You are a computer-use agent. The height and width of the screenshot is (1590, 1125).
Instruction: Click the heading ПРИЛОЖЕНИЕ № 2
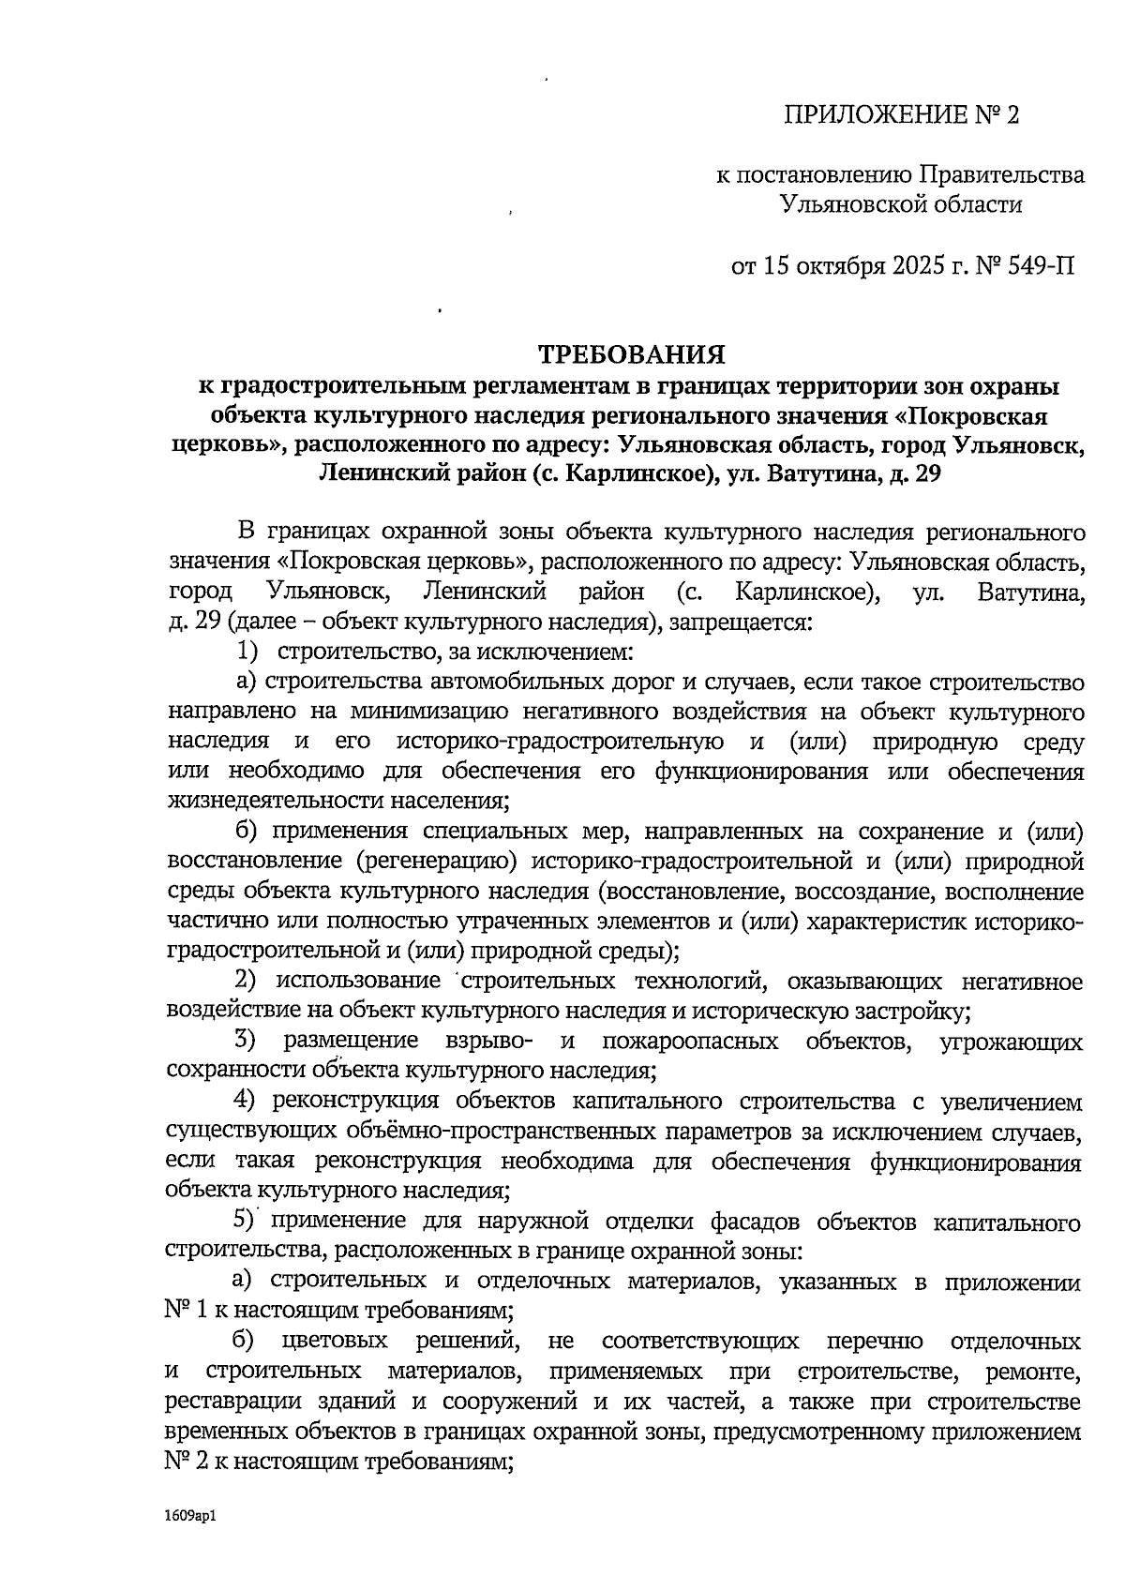[x=899, y=115]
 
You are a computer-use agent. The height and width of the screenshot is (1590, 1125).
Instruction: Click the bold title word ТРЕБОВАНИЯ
[x=632, y=354]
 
